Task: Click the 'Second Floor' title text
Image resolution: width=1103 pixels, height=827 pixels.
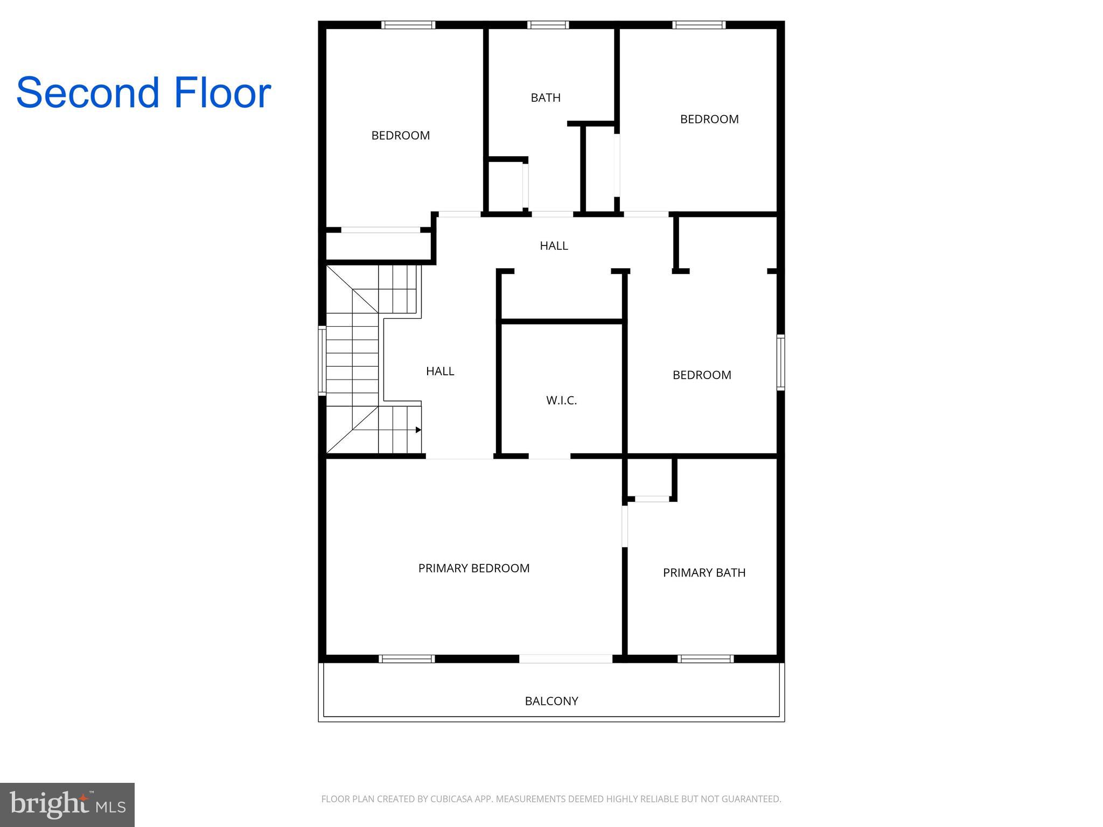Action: [x=143, y=93]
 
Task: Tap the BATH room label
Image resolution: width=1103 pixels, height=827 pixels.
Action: [x=546, y=97]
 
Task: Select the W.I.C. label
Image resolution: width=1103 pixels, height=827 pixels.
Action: [x=561, y=400]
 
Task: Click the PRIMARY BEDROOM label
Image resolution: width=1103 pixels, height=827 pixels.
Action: [x=474, y=568]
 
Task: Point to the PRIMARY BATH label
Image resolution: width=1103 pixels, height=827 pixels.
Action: [x=704, y=572]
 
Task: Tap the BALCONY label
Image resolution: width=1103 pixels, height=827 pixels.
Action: [x=551, y=701]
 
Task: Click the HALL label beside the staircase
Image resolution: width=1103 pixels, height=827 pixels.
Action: [x=440, y=371]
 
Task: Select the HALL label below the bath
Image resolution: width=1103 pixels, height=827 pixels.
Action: [x=554, y=246]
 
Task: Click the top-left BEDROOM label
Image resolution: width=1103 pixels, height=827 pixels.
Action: [x=401, y=135]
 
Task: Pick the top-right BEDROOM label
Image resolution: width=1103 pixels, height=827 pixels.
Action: [x=709, y=119]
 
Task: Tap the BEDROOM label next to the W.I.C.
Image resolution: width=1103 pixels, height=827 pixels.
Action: [x=702, y=375]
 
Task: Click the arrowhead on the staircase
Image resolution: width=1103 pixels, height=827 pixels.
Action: [x=418, y=430]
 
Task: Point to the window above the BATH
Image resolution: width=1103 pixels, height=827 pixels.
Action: [x=548, y=25]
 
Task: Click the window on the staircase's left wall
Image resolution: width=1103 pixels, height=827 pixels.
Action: [x=322, y=360]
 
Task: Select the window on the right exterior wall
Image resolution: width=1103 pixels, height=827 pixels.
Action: [x=780, y=362]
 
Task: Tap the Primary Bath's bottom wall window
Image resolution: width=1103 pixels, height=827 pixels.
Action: [x=706, y=658]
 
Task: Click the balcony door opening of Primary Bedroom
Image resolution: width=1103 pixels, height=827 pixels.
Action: [x=566, y=658]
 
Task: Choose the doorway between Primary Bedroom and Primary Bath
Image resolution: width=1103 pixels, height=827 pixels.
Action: [x=625, y=526]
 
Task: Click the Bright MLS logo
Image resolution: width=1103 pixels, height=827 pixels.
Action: [x=67, y=805]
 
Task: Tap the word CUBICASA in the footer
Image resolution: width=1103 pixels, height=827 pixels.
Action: [x=451, y=799]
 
